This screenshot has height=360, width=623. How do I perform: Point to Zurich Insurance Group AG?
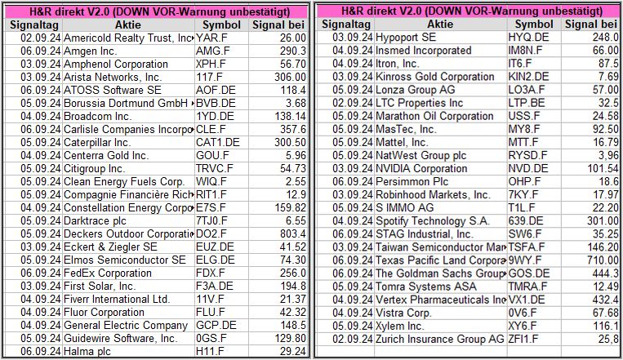(439, 338)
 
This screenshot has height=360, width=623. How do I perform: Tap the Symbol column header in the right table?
(534, 24)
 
